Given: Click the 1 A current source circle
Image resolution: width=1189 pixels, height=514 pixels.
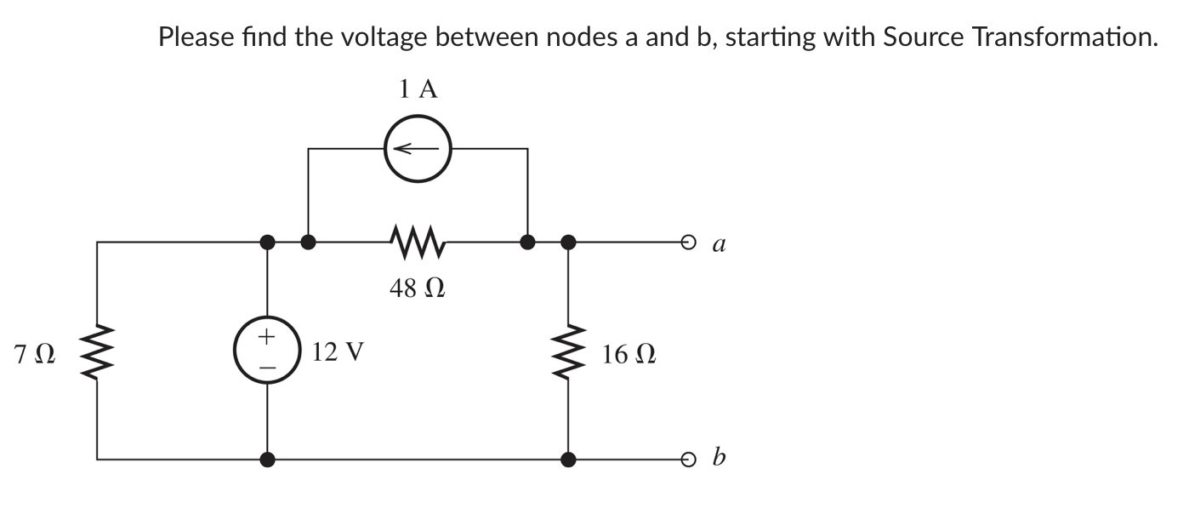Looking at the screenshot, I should (x=417, y=148).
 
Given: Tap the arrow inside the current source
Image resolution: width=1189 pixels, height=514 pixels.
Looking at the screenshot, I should (x=416, y=149).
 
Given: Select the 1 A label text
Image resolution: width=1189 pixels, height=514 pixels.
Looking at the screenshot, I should (x=418, y=89).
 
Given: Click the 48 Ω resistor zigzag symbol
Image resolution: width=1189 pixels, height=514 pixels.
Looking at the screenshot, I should (x=417, y=242).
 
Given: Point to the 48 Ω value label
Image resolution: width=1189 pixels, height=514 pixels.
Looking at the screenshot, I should (x=418, y=288).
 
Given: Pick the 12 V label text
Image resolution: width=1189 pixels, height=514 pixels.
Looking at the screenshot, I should (x=338, y=351).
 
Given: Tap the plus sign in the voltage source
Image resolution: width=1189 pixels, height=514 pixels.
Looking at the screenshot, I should (x=267, y=338).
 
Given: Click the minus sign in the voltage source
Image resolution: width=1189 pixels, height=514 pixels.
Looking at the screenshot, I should (x=267, y=367).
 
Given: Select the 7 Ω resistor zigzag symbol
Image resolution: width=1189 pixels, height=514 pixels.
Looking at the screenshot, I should (x=97, y=351).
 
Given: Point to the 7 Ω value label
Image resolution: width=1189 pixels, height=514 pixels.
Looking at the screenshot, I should (x=35, y=352).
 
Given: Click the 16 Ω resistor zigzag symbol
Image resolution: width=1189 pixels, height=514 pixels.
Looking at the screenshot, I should (x=567, y=351).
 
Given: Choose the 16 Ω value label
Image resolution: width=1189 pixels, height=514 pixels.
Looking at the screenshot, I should (x=629, y=352).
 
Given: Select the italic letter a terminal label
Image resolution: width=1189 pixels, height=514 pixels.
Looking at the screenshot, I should (x=719, y=244).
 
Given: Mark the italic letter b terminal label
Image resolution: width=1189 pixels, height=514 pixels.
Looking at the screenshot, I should (x=720, y=459).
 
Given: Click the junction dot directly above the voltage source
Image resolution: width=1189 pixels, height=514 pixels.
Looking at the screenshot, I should (x=267, y=243).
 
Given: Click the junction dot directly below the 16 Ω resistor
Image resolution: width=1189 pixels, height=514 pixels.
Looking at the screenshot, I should (x=567, y=460).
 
